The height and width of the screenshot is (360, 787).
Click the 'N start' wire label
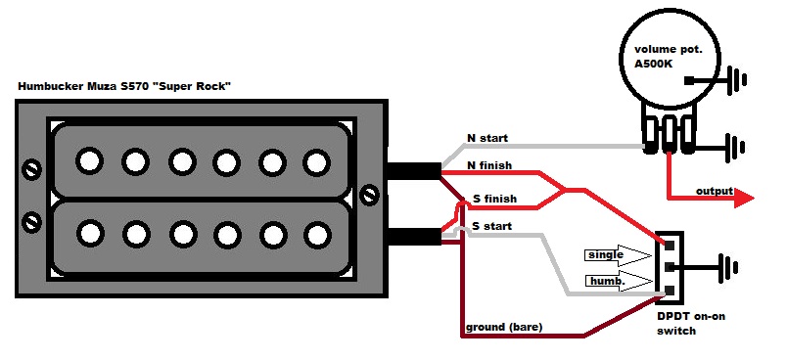[x=487, y=138]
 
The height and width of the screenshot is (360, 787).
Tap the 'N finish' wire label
[x=488, y=165]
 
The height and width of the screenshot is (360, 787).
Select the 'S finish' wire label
[x=495, y=199]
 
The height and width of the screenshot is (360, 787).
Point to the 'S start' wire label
[x=491, y=226]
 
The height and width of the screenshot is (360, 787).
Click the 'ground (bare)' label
[x=504, y=328]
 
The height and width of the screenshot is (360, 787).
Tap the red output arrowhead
[x=744, y=199]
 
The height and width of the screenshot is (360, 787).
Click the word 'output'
[x=715, y=191]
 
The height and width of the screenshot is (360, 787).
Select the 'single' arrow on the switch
[x=620, y=255]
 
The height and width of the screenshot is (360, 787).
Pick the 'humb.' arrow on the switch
[x=620, y=282]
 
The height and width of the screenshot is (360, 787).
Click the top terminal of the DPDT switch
[x=670, y=245]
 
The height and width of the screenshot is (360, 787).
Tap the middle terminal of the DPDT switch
[x=670, y=267]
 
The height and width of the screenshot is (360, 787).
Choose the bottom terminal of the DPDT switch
[x=670, y=290]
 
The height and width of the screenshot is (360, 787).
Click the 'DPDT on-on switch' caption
[x=691, y=324]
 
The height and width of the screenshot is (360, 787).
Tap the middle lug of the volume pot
[x=670, y=134]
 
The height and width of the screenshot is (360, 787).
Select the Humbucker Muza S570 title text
[x=124, y=86]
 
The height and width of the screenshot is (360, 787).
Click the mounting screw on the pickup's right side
[x=370, y=194]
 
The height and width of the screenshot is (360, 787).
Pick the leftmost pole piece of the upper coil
[x=90, y=161]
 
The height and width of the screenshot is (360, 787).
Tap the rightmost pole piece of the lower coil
[x=317, y=235]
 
